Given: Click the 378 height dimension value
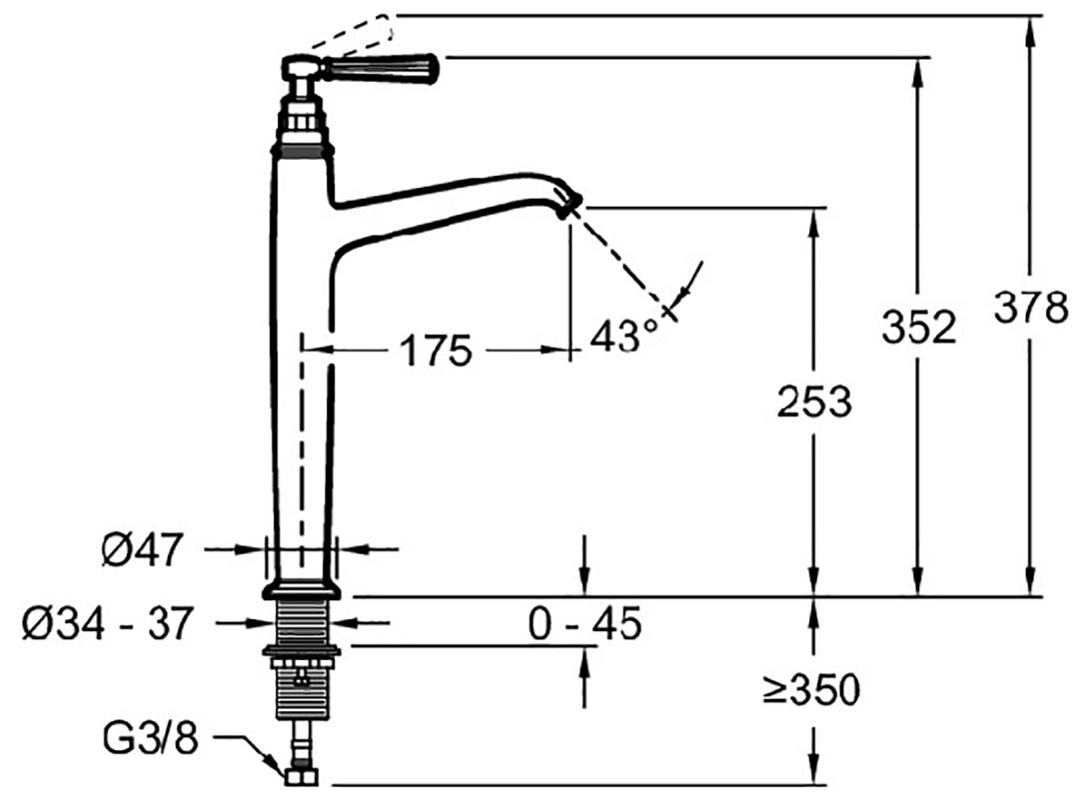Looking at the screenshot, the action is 1030,308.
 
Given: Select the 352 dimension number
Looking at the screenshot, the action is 918,328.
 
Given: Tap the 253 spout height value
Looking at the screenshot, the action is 813,401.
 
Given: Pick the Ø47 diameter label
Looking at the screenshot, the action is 143,550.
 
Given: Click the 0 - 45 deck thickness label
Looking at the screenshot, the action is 584,623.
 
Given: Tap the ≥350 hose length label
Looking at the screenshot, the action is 811,689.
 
